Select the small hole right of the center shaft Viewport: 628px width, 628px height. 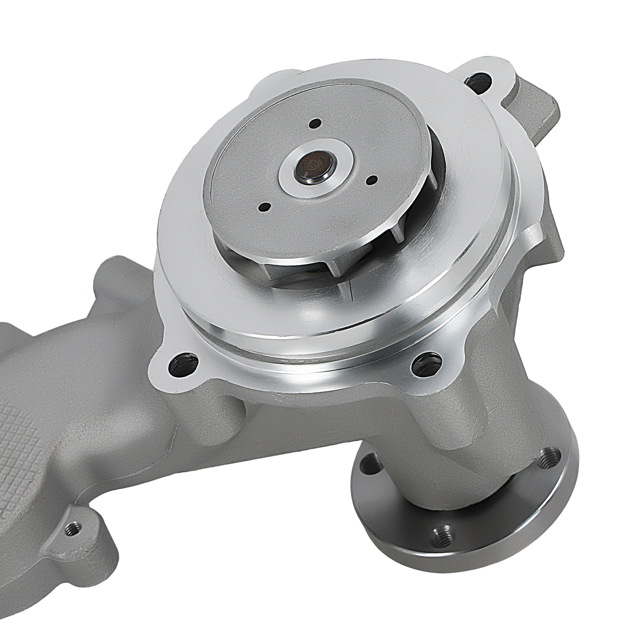point(371,180)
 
